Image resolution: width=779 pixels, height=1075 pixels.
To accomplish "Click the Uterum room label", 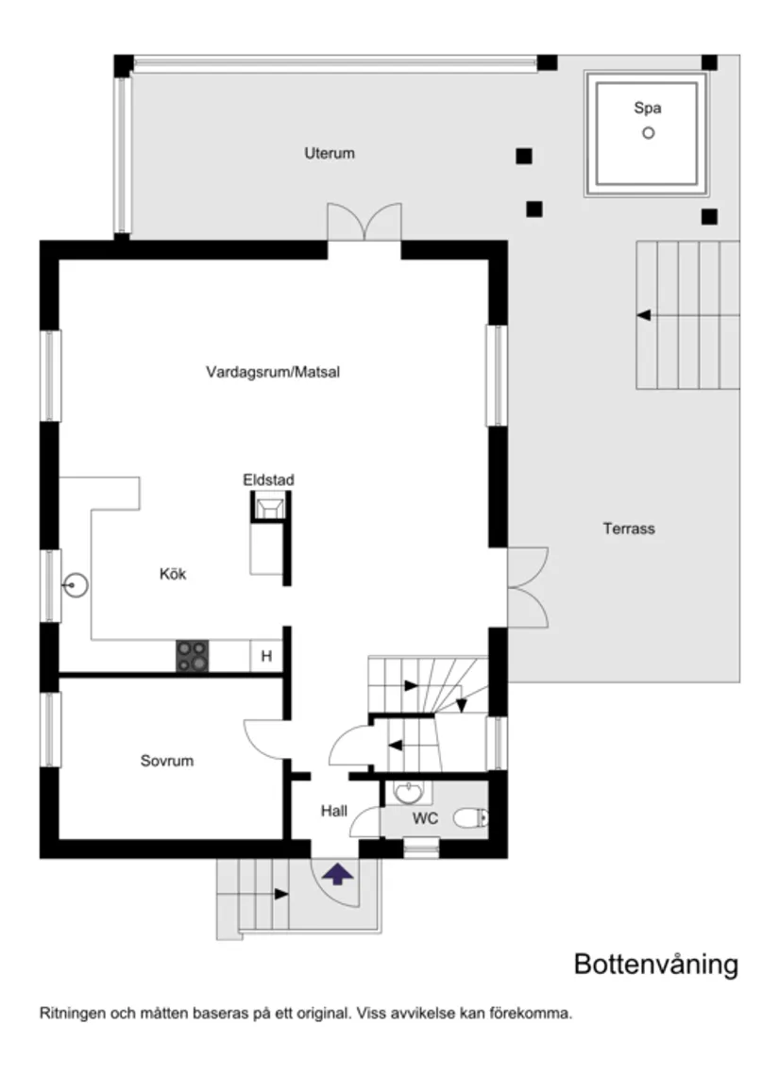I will pos(330,153).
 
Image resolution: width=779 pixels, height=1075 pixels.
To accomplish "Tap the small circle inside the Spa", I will pos(648,133).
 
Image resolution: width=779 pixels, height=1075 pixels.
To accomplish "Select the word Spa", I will pos(648,109).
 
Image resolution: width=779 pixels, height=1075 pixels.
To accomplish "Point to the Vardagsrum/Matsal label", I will pos(273,372).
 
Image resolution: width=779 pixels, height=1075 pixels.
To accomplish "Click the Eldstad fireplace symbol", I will pos(268,509).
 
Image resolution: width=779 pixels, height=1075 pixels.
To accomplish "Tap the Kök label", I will pos(173,574).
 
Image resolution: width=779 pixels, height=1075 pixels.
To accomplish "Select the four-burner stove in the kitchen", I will pos(193,656).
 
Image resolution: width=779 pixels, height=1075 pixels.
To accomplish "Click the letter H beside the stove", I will pos(266,656).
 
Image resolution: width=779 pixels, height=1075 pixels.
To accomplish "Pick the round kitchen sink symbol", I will pos(76,586).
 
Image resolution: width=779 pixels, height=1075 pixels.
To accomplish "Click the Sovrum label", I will pos(167,760).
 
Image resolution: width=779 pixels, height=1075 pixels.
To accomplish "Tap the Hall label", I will pos(334,810).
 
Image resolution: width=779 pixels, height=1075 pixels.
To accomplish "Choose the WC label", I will pos(425,818).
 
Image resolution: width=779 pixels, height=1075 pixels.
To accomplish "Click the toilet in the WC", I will pos(470,818).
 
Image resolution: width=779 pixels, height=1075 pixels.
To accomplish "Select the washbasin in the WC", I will pos(408,793).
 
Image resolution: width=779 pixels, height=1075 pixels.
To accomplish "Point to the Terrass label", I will pos(629,529).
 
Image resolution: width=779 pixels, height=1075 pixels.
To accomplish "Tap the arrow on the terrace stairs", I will pos(644,315).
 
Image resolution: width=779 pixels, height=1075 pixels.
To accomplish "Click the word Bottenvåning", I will pos(655,965).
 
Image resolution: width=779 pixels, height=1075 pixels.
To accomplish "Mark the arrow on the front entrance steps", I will pos(281,893).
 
